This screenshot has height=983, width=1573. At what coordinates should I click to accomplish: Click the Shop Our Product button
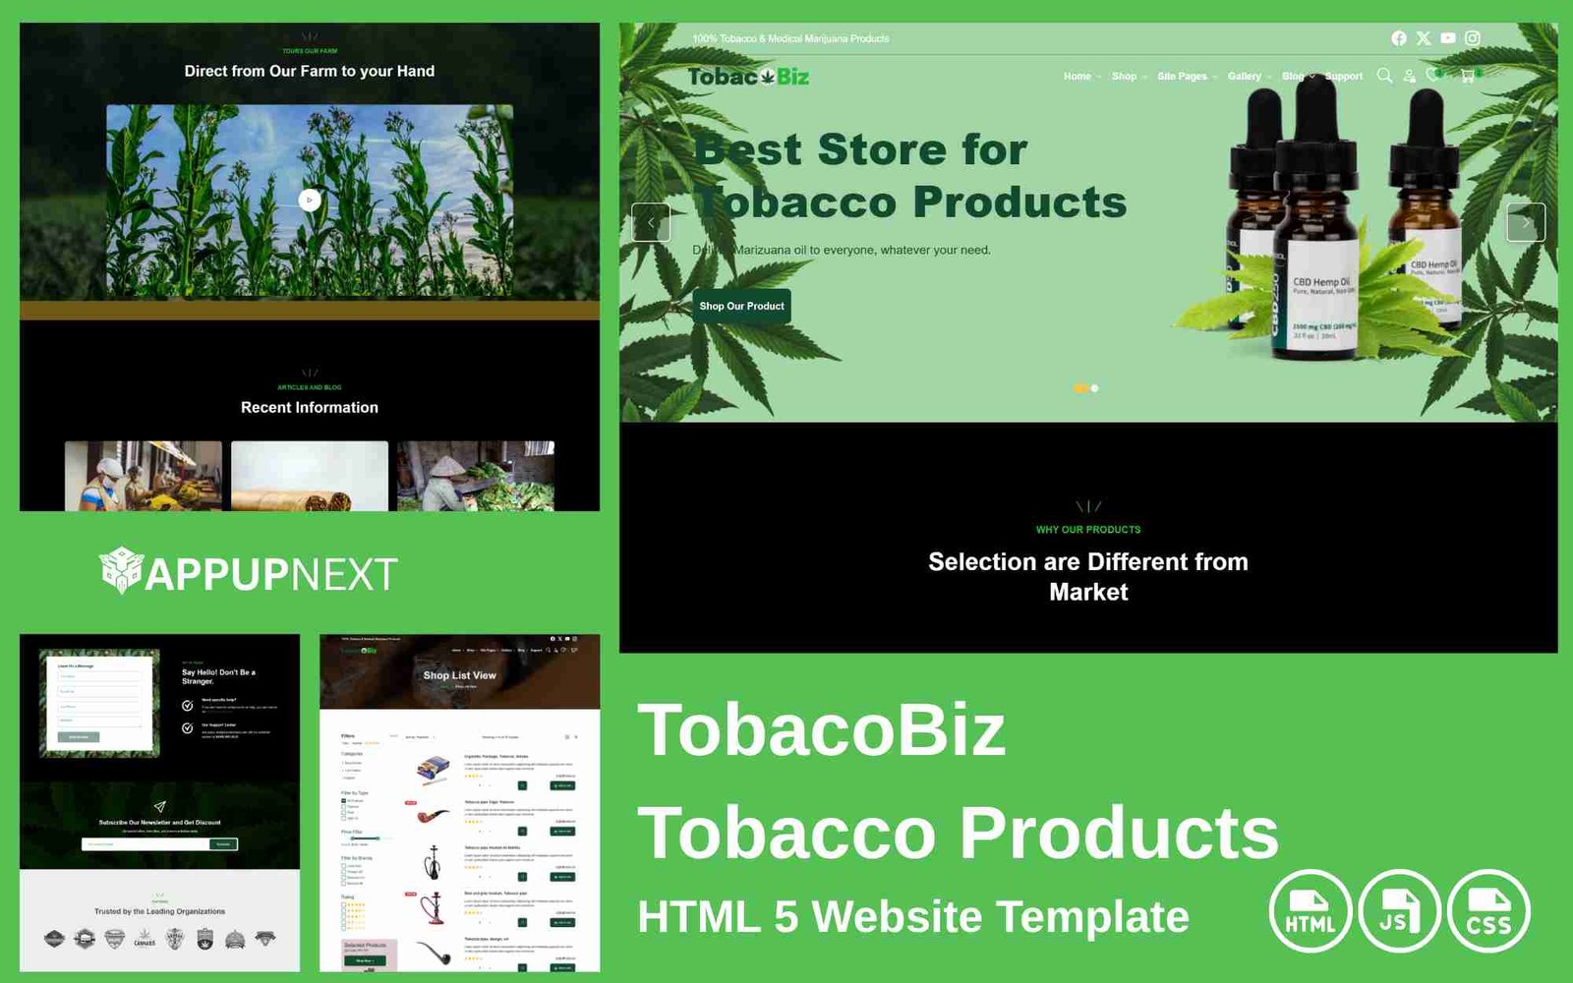[x=741, y=306]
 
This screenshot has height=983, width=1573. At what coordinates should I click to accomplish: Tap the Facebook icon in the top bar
[x=1399, y=38]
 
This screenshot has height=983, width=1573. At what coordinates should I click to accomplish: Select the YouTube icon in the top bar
[x=1448, y=38]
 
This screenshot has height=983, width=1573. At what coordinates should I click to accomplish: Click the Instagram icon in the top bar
[x=1473, y=38]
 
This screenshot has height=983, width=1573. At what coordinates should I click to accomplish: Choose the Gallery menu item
[x=1244, y=76]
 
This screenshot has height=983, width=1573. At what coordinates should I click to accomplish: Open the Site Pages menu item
[x=1182, y=76]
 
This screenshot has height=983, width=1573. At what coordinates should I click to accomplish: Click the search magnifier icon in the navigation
[x=1384, y=76]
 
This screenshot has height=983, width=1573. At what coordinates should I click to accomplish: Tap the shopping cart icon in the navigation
[x=1467, y=76]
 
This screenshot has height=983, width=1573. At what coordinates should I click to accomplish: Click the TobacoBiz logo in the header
[x=748, y=77]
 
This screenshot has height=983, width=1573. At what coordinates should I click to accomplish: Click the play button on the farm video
[x=310, y=200]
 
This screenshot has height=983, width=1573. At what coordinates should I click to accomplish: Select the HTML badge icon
[x=1310, y=912]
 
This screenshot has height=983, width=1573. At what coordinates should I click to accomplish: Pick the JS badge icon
[x=1399, y=912]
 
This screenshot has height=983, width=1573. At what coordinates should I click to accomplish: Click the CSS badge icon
[x=1488, y=912]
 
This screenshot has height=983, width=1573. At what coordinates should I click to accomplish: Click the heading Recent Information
[x=310, y=407]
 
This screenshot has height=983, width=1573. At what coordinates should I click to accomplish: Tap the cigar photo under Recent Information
[x=310, y=476]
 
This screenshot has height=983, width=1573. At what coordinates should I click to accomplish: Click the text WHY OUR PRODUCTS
[x=1088, y=530]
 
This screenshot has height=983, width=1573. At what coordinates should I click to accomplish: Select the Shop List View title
[x=459, y=675]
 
